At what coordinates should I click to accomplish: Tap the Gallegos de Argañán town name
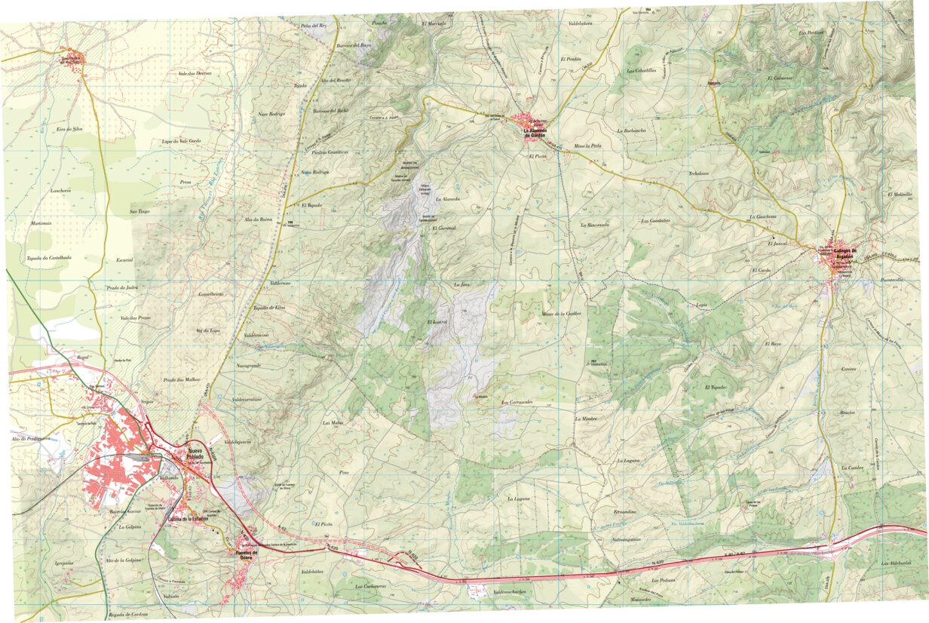[842, 253]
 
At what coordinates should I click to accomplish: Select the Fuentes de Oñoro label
[247, 554]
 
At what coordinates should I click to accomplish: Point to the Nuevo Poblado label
[198, 454]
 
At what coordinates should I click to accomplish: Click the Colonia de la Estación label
[188, 518]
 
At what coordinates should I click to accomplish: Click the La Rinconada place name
[594, 225]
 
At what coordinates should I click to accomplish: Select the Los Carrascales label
[517, 402]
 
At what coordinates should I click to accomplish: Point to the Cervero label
[849, 369]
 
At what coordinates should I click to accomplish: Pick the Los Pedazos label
[664, 579]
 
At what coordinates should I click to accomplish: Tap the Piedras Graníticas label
[330, 152]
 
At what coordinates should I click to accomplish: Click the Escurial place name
[124, 259]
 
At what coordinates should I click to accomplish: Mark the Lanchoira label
[60, 191]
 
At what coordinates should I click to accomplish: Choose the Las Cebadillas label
[642, 71]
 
